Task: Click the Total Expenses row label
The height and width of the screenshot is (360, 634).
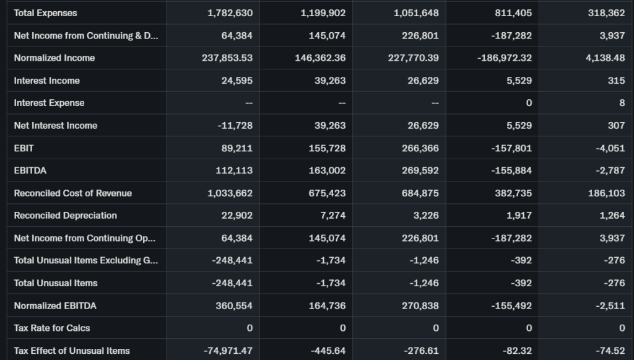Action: (46, 13)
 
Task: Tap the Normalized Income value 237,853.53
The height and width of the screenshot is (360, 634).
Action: (227, 58)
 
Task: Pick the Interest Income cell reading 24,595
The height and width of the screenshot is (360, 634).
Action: (237, 81)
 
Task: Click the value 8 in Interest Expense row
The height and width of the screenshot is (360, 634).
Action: (622, 103)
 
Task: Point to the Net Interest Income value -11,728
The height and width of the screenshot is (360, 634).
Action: (235, 126)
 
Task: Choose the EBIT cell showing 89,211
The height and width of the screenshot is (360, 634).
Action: (237, 148)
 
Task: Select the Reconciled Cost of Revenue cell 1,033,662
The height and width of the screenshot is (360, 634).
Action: (230, 193)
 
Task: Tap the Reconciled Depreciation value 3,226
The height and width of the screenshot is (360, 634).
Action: (425, 216)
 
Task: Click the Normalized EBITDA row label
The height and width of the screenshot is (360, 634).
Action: (55, 305)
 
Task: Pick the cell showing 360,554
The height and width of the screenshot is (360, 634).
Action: (233, 305)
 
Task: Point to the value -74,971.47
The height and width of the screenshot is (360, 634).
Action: (228, 351)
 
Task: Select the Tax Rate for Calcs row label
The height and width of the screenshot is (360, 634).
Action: (52, 328)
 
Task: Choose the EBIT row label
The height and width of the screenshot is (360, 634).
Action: (24, 148)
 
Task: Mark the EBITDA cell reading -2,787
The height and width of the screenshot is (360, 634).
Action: (610, 170)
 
